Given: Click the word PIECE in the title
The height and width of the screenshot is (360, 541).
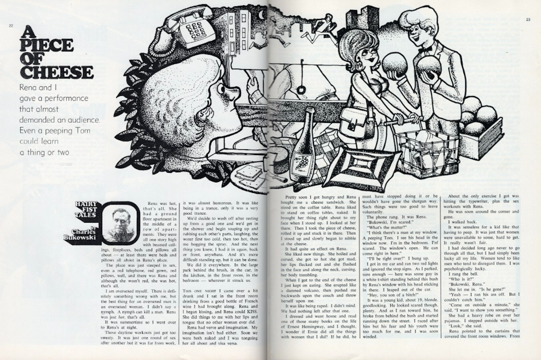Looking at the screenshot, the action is (x=47, y=46).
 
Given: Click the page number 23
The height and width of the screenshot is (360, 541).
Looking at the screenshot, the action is (x=528, y=20).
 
